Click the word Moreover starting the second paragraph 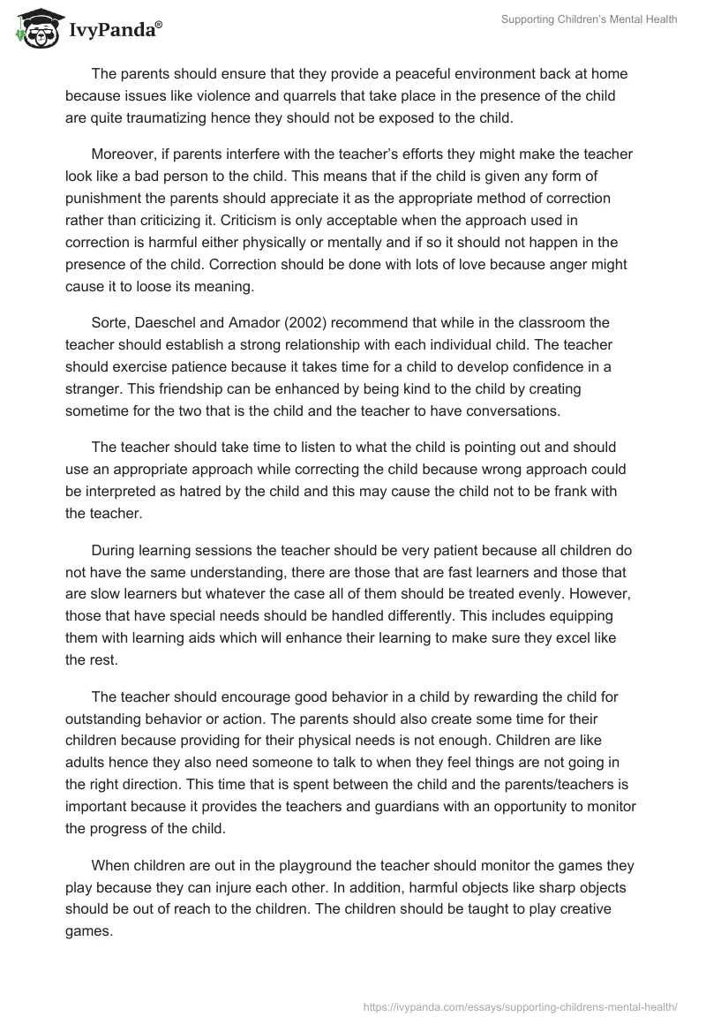[125, 154]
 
